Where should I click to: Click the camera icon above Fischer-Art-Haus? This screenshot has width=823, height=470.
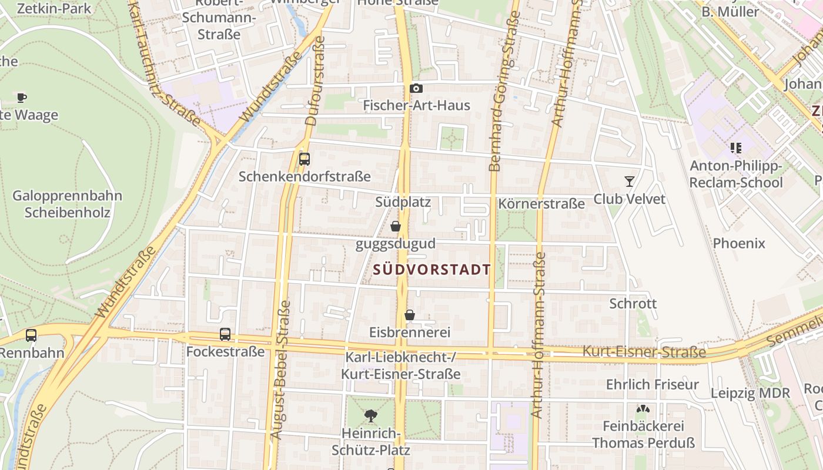[x=416, y=89]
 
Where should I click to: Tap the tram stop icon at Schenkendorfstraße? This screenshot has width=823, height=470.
[x=305, y=159]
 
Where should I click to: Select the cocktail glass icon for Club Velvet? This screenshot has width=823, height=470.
[x=630, y=182]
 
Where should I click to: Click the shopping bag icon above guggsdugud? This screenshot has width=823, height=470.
[x=396, y=226]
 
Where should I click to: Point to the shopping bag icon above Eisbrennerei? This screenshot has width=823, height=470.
[x=410, y=315]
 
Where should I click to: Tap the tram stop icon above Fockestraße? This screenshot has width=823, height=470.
[x=225, y=334]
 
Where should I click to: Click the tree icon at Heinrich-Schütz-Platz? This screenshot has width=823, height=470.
[x=371, y=416]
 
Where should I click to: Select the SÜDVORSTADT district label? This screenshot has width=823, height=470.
[x=432, y=270]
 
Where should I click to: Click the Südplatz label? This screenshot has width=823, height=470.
[x=403, y=202]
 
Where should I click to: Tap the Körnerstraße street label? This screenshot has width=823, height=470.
[x=541, y=204]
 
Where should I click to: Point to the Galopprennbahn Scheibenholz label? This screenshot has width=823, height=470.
[x=67, y=204]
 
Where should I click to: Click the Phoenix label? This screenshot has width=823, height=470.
[x=739, y=243]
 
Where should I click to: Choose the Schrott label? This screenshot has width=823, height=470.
[x=633, y=304]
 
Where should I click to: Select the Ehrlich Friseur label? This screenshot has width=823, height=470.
[x=653, y=384]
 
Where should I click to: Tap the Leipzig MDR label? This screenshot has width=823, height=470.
[x=751, y=393]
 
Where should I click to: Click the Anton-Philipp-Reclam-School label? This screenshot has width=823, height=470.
[x=736, y=174]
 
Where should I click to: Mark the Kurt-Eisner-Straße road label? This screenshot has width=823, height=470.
[x=644, y=352]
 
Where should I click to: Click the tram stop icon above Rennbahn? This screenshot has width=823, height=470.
[x=31, y=335]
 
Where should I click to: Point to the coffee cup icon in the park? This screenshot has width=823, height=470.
[x=22, y=98]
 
